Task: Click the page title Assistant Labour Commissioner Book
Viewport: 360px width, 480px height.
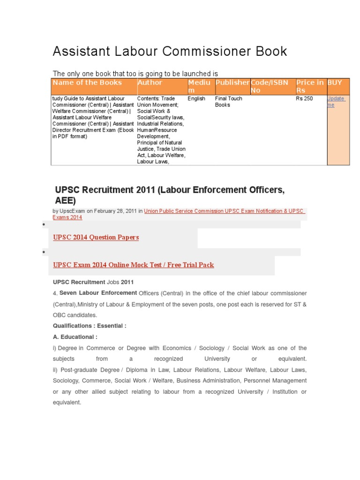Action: click(170, 51)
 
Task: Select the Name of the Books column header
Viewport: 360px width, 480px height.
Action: click(87, 82)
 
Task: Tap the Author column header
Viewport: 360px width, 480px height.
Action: click(150, 82)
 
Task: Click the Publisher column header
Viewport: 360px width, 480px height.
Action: click(232, 82)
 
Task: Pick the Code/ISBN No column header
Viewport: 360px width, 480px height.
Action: click(269, 86)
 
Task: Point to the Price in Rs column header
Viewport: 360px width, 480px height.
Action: click(309, 86)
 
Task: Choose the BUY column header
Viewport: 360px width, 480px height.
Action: click(335, 82)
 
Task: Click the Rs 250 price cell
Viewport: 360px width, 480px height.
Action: click(304, 99)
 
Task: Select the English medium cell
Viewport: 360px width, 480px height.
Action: click(196, 99)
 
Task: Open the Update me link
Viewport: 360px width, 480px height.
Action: click(336, 102)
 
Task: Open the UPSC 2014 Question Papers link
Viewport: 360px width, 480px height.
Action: click(96, 238)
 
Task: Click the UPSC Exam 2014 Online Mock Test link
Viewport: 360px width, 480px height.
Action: click(134, 265)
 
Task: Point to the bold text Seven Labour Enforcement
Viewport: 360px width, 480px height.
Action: click(98, 293)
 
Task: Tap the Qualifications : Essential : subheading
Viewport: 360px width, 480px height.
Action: click(90, 326)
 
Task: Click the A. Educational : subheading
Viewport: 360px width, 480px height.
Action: click(75, 337)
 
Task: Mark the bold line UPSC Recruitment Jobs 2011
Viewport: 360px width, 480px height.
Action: click(93, 282)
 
